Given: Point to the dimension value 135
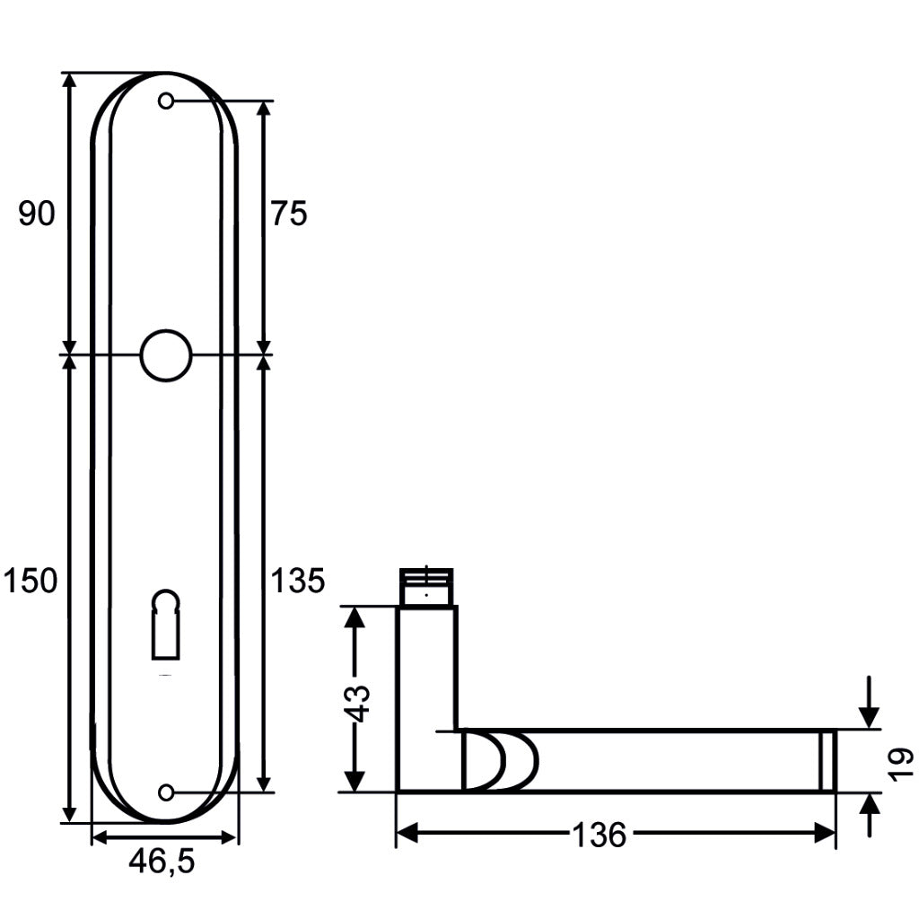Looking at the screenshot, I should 298,582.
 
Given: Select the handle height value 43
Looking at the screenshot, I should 357,702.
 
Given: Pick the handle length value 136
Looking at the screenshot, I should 599,836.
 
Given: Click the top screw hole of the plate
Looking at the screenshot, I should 166,101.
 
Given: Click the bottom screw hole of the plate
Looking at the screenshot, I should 166,792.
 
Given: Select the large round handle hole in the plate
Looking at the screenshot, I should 165,355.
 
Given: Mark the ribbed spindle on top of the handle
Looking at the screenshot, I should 426,587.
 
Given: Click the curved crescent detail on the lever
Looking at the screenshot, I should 503,761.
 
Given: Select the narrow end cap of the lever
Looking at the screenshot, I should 827,761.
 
